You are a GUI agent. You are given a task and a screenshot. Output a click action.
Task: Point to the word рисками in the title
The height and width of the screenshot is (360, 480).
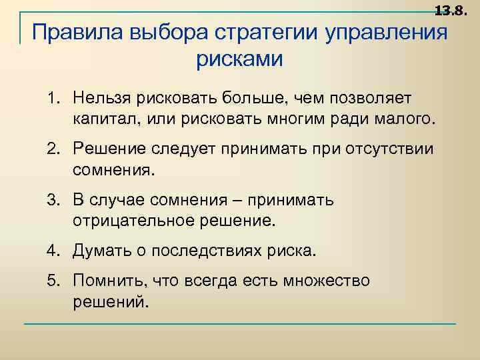point(239,59)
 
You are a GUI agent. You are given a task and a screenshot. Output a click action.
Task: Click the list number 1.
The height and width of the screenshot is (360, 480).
point(51,99)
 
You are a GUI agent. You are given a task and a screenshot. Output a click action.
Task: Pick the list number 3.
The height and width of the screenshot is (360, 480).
point(51,201)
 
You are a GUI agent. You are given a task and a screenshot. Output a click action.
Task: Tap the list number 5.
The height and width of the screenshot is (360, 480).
point(51,281)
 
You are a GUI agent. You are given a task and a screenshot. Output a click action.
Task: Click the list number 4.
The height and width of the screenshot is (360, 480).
point(51,251)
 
